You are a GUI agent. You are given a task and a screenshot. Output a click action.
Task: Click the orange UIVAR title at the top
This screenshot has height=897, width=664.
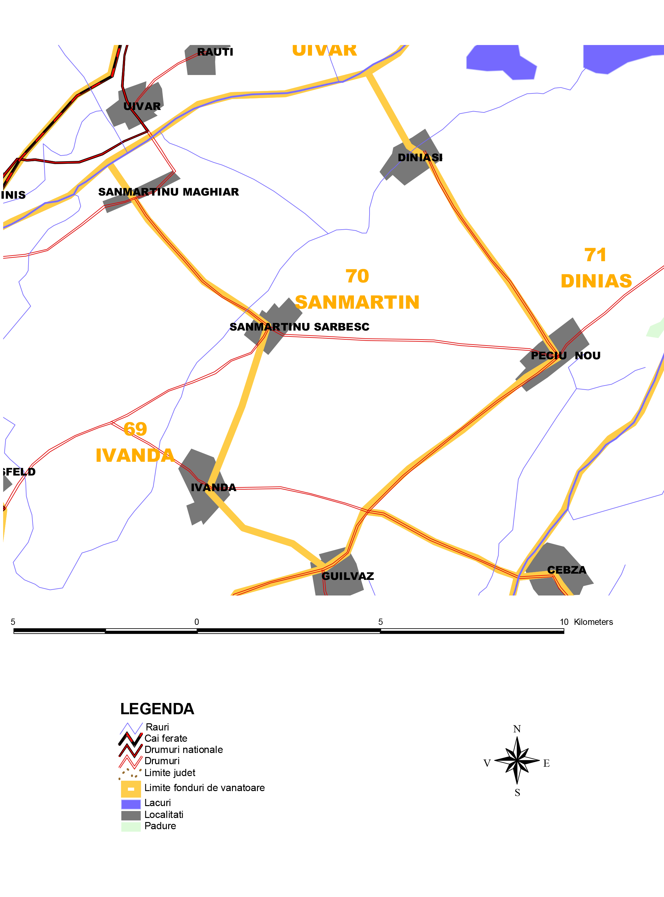click(x=324, y=51)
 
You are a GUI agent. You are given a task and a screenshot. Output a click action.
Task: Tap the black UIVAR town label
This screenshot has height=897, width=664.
click(x=142, y=107)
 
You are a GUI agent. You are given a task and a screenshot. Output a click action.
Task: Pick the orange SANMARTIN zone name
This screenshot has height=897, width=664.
click(x=357, y=302)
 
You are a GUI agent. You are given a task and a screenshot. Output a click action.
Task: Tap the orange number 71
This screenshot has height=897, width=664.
click(x=595, y=255)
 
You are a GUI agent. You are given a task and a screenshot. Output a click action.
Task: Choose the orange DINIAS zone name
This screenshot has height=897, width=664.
click(x=596, y=281)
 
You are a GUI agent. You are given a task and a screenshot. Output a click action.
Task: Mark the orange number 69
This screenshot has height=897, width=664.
click(x=135, y=429)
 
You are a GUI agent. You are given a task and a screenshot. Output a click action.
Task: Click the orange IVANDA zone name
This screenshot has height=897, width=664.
click(x=135, y=455)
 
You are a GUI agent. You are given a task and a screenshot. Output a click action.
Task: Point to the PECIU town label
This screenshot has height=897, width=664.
click(x=549, y=356)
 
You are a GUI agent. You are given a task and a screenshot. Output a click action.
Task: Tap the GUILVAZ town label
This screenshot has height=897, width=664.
click(x=342, y=576)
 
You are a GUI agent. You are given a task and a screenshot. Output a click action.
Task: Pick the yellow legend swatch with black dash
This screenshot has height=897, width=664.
click(x=131, y=789)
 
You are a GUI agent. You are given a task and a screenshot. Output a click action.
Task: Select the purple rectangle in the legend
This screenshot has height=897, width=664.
click(x=131, y=804)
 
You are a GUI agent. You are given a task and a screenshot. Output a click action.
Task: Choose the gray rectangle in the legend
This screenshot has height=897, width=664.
click(x=131, y=815)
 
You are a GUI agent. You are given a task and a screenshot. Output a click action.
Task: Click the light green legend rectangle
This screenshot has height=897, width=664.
click(x=131, y=826)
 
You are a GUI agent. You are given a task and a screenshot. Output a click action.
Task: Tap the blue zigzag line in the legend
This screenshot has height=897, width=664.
click(x=131, y=728)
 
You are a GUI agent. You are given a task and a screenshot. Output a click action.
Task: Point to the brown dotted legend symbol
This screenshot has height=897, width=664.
click(x=131, y=773)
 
